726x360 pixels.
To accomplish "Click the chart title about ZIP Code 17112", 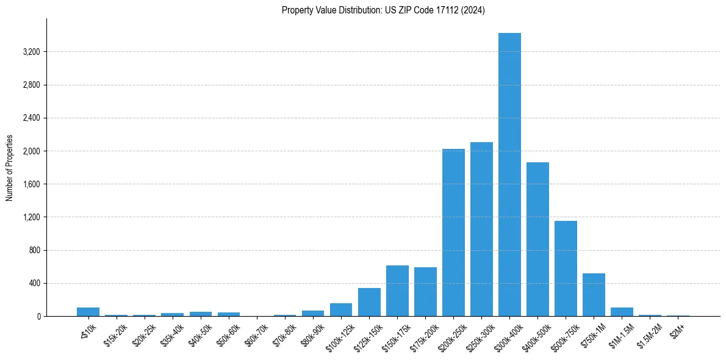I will click(383, 10).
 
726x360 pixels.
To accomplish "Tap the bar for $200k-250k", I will click(453, 232).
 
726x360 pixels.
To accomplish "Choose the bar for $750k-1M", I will click(594, 295).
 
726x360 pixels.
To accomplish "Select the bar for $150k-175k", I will click(397, 291).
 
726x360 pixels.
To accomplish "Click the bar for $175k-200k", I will click(425, 292).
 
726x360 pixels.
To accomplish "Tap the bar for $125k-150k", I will click(369, 302).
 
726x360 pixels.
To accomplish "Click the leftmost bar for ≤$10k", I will click(88, 312).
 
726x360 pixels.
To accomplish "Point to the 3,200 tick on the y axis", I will click(31, 52).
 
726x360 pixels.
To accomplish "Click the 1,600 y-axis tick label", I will click(31, 184).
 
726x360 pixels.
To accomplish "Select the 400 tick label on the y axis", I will click(34, 283).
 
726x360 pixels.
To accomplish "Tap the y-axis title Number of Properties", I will click(10, 168).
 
